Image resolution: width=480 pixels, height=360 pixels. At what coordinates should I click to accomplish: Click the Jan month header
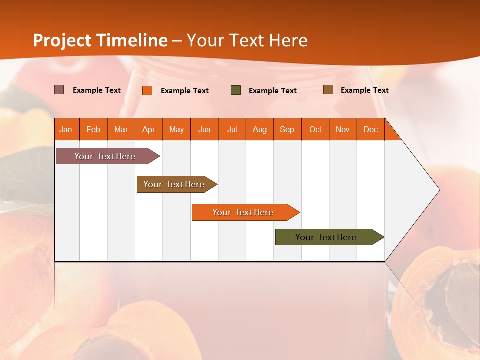point(66,129)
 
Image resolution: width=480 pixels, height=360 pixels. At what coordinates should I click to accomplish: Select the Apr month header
point(148,129)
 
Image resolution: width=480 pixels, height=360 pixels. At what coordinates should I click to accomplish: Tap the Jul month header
point(232,129)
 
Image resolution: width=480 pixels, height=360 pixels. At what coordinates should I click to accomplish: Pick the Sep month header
point(287,129)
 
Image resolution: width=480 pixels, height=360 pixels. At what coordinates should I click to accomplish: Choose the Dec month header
point(370,129)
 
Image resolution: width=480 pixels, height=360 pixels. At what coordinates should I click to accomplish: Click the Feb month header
point(93,129)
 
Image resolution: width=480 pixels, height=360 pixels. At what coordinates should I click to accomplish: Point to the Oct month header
point(315,129)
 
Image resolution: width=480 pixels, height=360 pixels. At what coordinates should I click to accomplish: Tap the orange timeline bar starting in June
point(243,212)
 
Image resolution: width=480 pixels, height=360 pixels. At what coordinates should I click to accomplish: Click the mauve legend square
point(59,90)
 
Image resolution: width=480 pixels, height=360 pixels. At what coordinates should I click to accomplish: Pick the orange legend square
point(147,90)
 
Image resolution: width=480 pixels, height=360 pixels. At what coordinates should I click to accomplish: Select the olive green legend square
point(236,90)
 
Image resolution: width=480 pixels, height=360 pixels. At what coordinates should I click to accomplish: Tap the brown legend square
point(328,90)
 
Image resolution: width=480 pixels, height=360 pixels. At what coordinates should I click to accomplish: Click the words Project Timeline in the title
point(100,40)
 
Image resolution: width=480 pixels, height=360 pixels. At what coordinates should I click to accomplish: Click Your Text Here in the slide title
point(247,40)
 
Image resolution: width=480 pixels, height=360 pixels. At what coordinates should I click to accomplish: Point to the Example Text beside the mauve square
point(97,90)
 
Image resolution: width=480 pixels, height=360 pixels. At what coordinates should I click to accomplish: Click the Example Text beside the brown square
point(364,90)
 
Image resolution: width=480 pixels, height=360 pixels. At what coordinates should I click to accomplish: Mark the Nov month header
point(343,129)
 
